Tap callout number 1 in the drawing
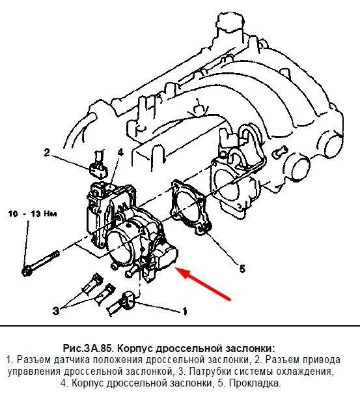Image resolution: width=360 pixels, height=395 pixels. [x=185, y=312]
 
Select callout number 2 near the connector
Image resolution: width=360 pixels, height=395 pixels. [x=47, y=153]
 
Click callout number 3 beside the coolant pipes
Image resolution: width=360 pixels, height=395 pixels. [x=56, y=310]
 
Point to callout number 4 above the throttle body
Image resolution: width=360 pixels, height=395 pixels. [x=120, y=153]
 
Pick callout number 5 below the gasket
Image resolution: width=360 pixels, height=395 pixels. [x=242, y=269]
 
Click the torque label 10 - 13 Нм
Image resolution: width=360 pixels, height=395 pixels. [x=33, y=214]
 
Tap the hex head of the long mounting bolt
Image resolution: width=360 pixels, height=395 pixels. [x=27, y=272]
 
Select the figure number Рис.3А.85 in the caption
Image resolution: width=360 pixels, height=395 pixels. [x=88, y=349]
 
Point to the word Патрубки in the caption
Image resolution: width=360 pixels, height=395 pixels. [x=210, y=372]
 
